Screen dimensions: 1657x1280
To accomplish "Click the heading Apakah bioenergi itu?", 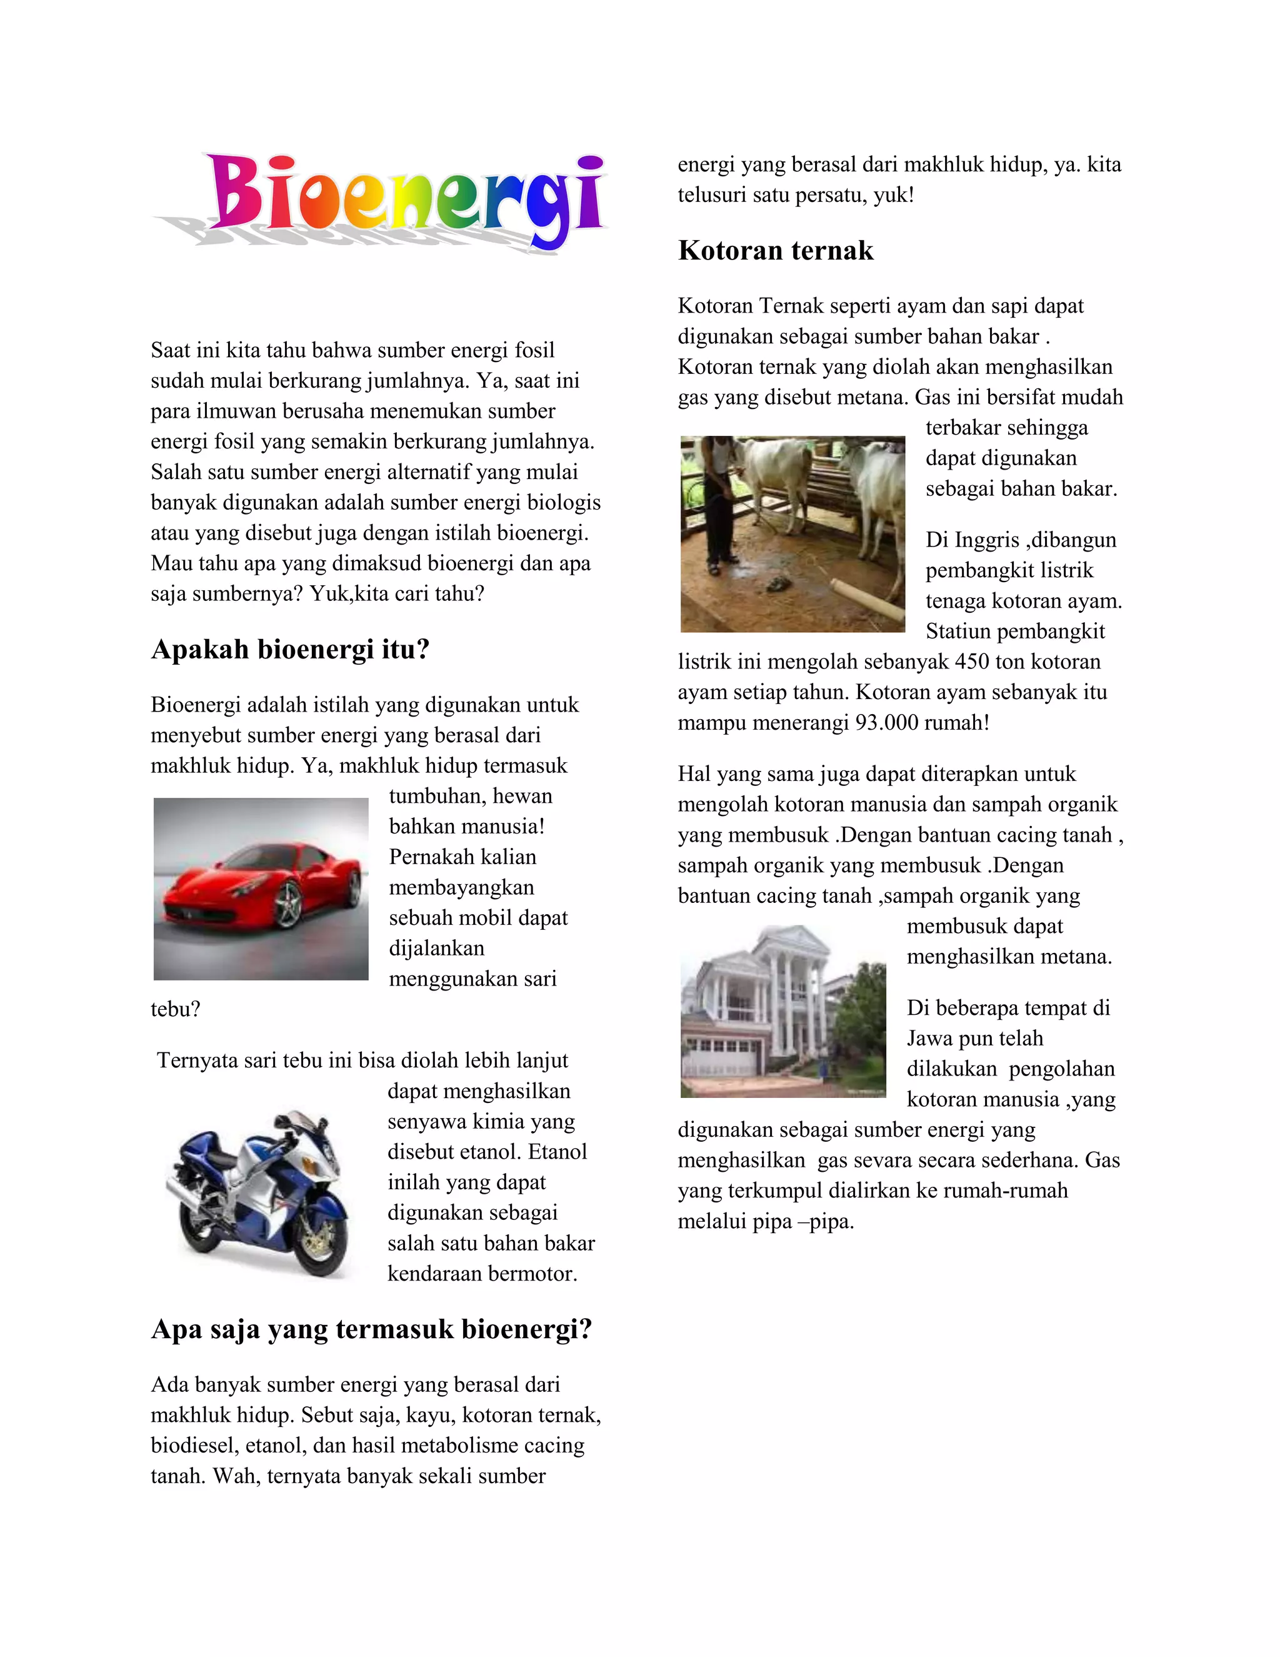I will [x=291, y=650].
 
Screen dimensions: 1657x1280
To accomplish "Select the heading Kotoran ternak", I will [x=775, y=250].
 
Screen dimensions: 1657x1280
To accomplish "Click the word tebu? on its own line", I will [x=175, y=1010].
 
